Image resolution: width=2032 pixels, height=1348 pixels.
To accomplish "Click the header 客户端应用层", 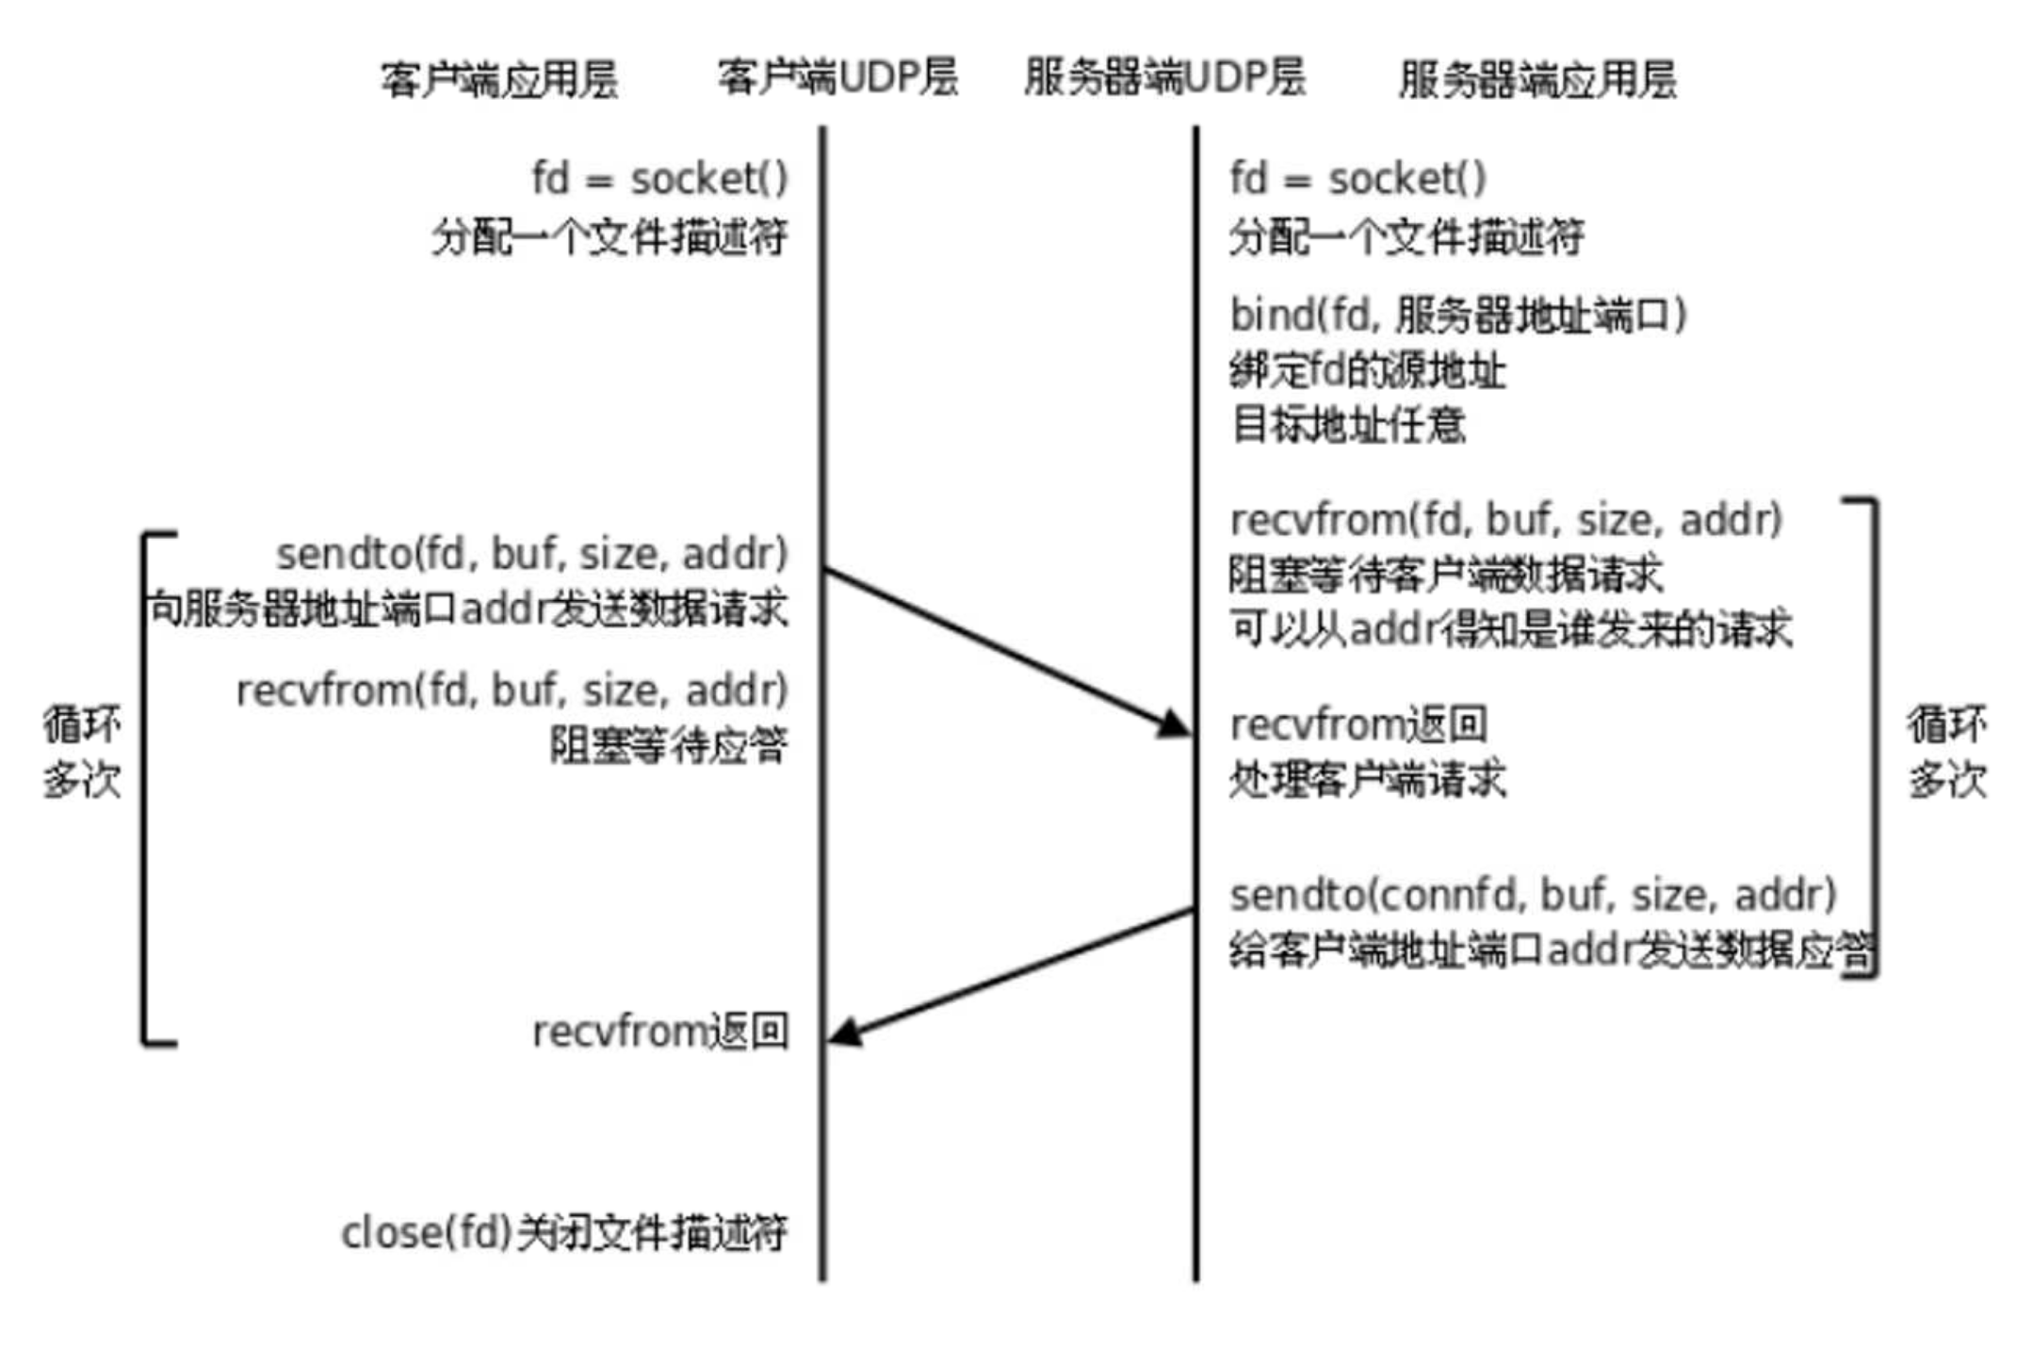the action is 498,79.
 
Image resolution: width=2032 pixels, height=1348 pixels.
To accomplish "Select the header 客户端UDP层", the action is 837,77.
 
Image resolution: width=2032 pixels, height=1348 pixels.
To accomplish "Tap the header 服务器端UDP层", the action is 1164,77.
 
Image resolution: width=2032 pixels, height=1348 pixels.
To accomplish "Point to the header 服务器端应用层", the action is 1537,79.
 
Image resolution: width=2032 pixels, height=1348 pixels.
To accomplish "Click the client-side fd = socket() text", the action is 659,179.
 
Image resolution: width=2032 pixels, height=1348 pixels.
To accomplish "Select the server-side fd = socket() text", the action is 1357,179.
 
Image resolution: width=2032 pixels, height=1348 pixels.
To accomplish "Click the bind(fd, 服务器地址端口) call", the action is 1457,316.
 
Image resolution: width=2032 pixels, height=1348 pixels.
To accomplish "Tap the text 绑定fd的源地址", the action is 1367,371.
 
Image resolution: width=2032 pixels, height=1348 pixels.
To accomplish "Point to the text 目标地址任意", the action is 1348,426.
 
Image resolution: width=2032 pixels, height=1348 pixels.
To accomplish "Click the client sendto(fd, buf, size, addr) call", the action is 531,554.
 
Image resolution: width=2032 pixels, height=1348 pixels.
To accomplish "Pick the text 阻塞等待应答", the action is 668,746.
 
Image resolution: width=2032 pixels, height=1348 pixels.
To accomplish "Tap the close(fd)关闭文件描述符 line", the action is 563,1232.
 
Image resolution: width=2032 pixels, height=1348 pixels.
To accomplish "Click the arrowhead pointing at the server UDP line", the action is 1175,724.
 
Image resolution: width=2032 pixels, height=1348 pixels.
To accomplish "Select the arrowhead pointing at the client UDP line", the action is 845,1032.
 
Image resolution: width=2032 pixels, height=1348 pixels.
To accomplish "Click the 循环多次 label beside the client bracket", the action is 82,753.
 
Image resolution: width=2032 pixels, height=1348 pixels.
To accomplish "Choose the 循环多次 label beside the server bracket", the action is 1946,753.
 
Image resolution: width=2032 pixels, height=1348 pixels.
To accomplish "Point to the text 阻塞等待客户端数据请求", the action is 1445,575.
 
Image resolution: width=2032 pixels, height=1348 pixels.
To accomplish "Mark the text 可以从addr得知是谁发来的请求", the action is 1510,629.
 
